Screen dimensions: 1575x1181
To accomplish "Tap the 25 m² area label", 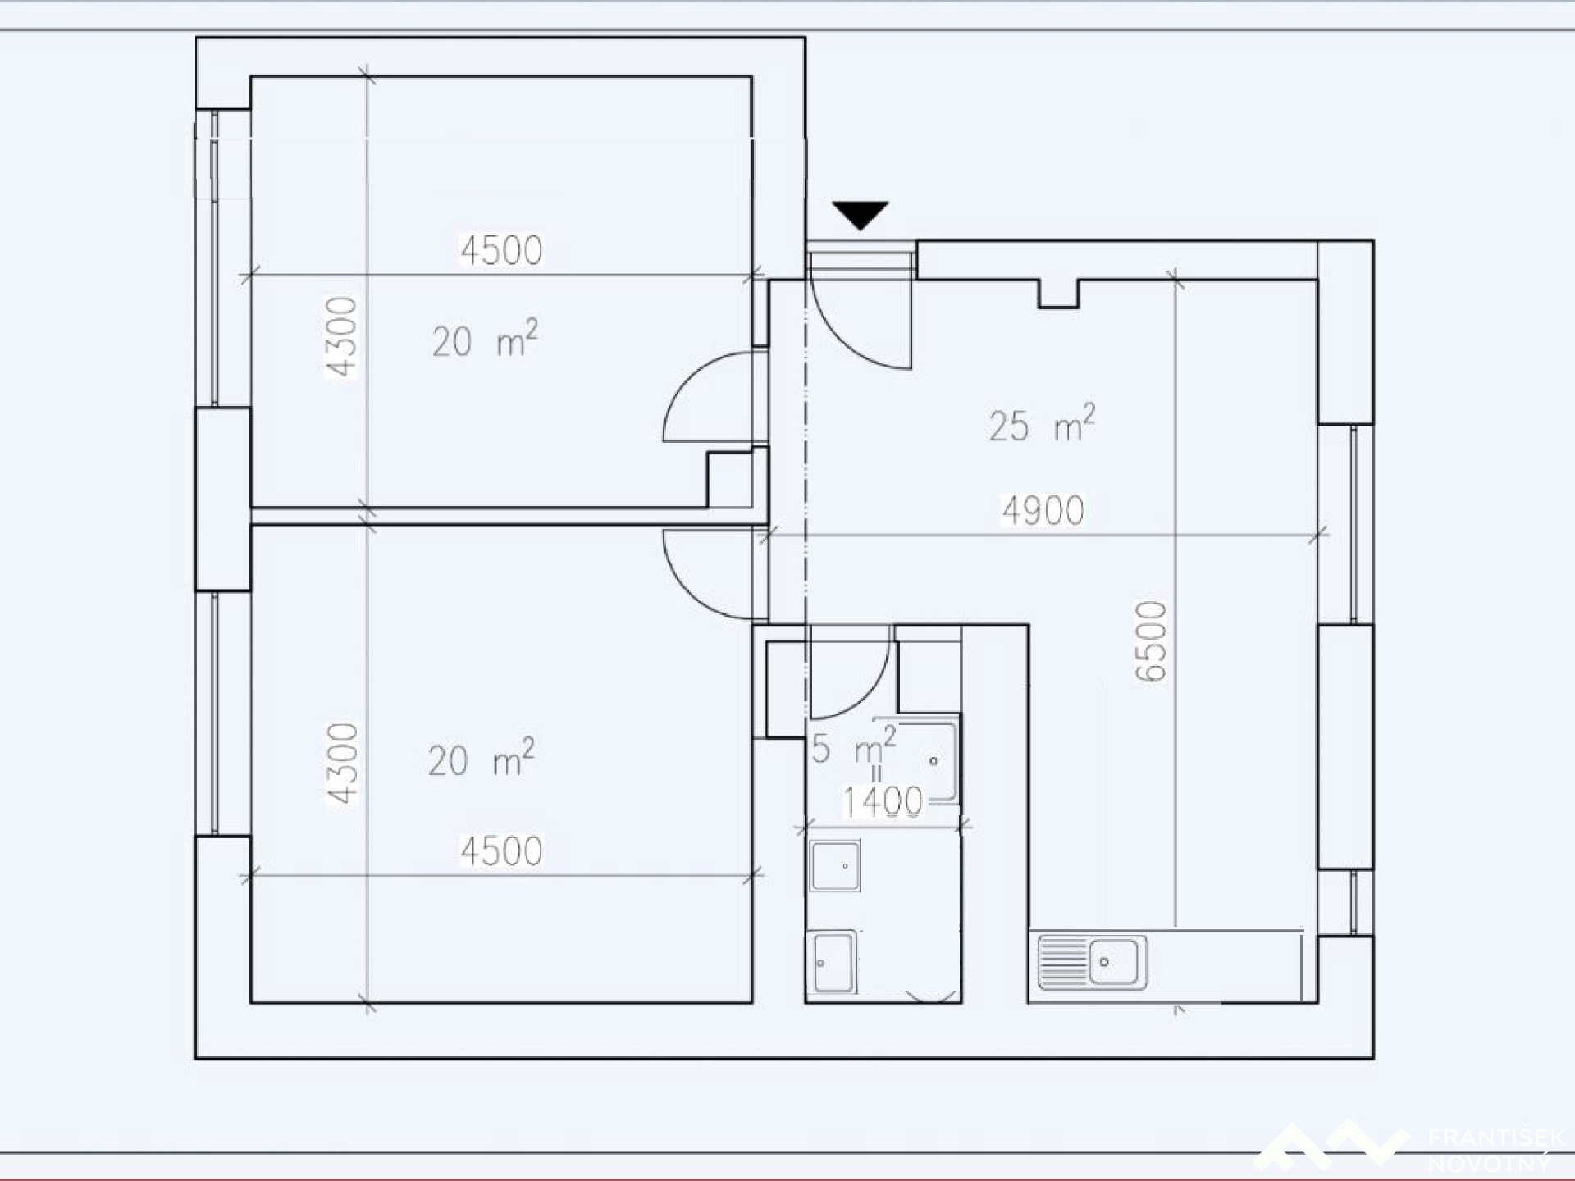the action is (x=1042, y=423).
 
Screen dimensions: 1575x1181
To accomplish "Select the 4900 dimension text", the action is (x=1043, y=511).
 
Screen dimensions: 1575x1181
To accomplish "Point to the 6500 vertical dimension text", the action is (x=1152, y=641).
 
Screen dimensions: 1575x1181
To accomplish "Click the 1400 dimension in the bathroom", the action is (x=883, y=801).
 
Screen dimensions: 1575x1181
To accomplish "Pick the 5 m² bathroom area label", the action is (x=854, y=745).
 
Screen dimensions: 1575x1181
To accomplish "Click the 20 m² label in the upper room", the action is (x=485, y=339).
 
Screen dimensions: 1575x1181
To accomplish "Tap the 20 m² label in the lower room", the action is (x=481, y=757).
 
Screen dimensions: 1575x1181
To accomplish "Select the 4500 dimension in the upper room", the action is (x=501, y=251).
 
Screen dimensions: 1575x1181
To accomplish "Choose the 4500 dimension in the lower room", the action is (x=501, y=851).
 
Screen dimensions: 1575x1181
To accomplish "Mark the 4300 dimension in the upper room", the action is (x=341, y=336).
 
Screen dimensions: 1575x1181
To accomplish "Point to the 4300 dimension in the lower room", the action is (x=343, y=764).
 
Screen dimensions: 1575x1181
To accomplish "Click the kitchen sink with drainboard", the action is (x=1092, y=961).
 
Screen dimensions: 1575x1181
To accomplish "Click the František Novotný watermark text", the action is (x=1496, y=1150).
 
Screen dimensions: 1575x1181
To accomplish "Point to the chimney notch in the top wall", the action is (x=1058, y=294).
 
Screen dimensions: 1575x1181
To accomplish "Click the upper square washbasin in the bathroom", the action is (x=835, y=865).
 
